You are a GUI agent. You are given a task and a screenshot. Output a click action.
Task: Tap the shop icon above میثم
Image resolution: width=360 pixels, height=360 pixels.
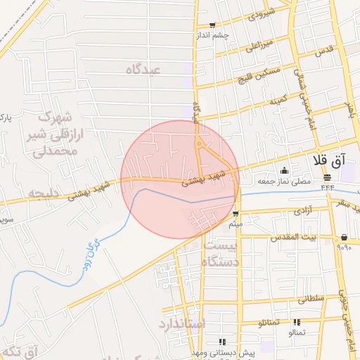[236, 213]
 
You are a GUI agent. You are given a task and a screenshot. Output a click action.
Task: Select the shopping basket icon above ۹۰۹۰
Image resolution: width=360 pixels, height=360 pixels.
[344, 237]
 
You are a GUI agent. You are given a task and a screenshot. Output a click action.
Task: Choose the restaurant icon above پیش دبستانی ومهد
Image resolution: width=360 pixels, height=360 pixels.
[223, 341]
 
